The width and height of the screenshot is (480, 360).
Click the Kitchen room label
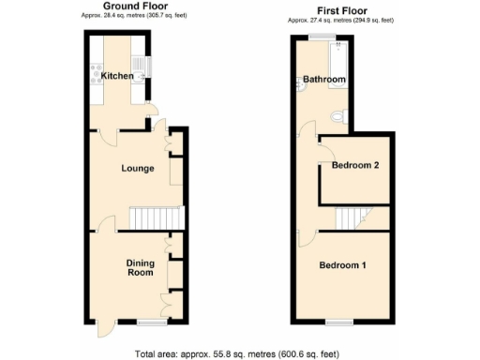116,75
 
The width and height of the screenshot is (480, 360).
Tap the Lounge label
137,169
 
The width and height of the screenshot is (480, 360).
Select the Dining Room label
141,268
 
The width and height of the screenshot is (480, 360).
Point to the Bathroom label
323,80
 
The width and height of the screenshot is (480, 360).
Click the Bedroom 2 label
356,166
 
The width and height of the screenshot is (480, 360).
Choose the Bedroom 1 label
344,265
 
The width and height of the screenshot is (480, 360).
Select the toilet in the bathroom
340,115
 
